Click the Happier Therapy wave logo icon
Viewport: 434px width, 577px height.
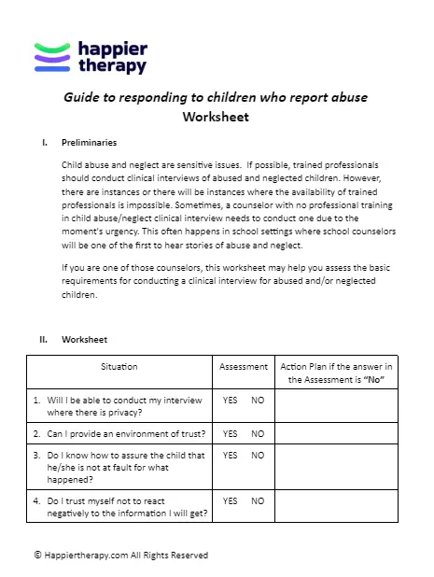tap(52, 57)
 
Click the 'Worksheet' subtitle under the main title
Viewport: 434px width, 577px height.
tap(217, 118)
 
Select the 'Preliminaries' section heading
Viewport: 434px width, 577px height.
tap(89, 143)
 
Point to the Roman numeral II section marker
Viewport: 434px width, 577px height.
tap(43, 339)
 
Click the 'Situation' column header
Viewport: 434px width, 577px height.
tap(120, 367)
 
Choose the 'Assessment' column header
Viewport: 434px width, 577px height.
tap(244, 367)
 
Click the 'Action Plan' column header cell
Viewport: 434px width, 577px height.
tap(336, 373)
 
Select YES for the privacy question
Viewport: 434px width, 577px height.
tap(231, 400)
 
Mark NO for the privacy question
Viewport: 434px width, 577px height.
tap(258, 400)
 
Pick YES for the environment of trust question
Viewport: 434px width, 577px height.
tap(231, 434)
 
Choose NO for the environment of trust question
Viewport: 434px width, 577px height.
tap(258, 434)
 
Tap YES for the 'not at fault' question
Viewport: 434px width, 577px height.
tap(231, 456)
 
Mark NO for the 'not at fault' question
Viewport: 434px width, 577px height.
tap(258, 456)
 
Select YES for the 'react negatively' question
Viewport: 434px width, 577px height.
tap(231, 501)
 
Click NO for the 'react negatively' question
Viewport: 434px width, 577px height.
tap(258, 501)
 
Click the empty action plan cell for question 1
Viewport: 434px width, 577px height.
tap(336, 405)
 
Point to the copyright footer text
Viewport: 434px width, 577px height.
tap(120, 555)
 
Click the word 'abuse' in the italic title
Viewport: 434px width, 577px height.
tap(350, 96)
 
